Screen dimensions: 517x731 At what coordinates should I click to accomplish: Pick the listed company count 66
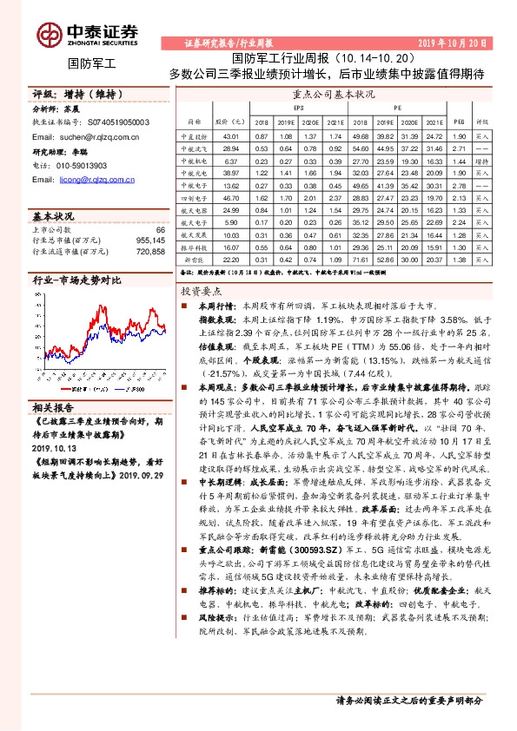pyautogui.click(x=159, y=227)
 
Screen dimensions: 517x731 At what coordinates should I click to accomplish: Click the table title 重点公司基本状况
pyautogui.click(x=334, y=92)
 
